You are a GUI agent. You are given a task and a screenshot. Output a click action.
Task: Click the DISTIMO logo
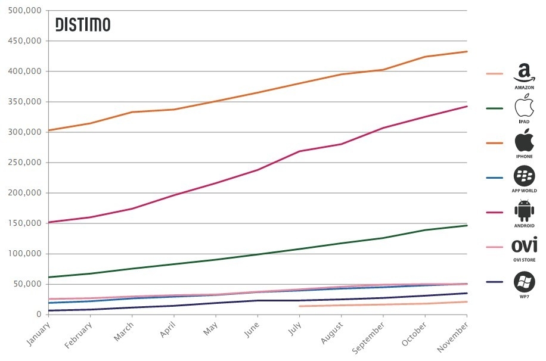coord(83,24)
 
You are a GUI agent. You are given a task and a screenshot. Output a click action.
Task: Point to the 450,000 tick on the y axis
coord(26,41)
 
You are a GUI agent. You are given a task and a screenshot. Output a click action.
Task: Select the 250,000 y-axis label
coord(26,163)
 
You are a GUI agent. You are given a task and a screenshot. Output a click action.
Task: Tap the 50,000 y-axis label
coord(28,284)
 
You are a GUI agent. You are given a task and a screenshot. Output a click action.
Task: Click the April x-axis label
coord(168,329)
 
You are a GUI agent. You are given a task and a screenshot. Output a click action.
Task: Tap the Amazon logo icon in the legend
coord(524,74)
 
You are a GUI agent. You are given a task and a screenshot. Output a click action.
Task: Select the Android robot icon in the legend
coord(524,211)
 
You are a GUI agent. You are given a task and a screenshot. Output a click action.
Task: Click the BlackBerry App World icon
coord(524,176)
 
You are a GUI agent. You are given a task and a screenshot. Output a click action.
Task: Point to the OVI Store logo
coord(524,245)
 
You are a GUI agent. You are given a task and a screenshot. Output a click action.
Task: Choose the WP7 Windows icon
coord(524,281)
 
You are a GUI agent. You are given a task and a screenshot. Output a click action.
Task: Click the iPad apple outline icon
coord(524,108)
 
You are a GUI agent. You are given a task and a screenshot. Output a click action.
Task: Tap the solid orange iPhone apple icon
coord(524,142)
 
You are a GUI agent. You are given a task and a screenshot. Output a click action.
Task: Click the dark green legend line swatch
coord(495,108)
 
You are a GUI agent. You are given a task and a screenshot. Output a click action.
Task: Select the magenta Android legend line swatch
coord(495,212)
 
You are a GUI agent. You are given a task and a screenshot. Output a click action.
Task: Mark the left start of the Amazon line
coord(299,306)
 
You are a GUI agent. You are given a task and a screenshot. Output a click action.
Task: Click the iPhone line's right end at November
coord(467,51)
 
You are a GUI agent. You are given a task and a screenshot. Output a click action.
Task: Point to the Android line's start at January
coord(49,222)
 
